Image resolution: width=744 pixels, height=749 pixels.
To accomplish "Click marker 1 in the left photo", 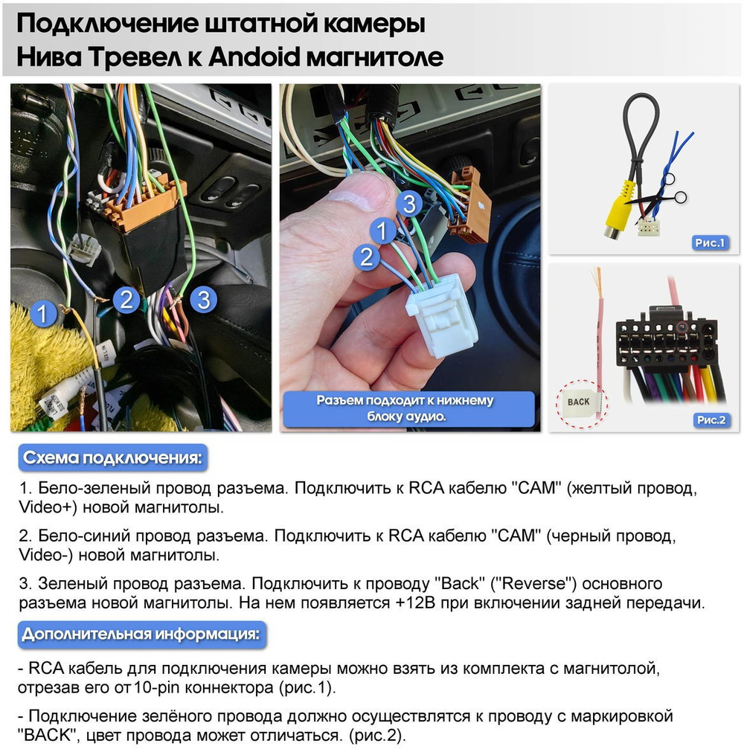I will click(x=44, y=313).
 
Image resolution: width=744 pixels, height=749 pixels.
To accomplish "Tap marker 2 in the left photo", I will click(x=126, y=300).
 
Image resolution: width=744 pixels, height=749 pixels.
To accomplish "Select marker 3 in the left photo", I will click(x=203, y=300).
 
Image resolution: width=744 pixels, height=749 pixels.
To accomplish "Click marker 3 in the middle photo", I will click(x=407, y=203).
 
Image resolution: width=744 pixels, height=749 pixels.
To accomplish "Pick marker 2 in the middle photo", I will click(x=366, y=257).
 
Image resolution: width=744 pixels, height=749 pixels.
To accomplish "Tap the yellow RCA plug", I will click(x=620, y=210).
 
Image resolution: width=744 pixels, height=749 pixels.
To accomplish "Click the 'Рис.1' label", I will click(x=710, y=242).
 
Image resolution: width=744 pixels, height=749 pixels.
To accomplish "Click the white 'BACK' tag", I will click(x=578, y=402).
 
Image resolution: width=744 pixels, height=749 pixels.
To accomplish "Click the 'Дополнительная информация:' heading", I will click(x=141, y=634).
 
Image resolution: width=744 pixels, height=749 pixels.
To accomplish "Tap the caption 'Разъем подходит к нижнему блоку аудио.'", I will click(x=405, y=408).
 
